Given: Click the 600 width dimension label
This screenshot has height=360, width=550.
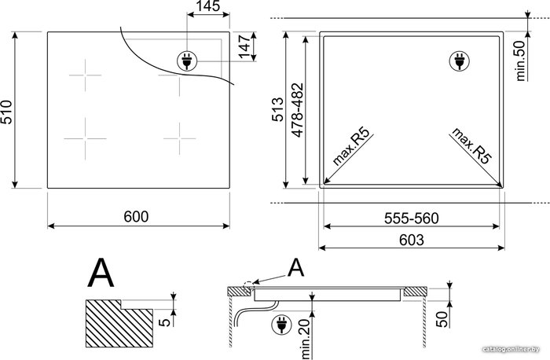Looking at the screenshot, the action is [x=136, y=216].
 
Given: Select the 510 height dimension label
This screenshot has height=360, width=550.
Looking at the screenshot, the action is [x=6, y=112].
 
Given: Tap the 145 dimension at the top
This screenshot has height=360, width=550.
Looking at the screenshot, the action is [x=208, y=6].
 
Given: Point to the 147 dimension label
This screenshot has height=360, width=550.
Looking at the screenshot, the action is [x=244, y=46].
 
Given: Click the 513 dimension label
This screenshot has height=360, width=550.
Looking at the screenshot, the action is [x=278, y=109].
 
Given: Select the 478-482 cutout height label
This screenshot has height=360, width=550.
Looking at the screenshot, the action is [x=298, y=110].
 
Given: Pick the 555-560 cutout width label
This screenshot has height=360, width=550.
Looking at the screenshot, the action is [x=412, y=219].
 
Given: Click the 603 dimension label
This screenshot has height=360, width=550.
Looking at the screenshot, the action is [x=412, y=240].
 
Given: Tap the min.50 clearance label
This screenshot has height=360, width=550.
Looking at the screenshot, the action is [x=521, y=61].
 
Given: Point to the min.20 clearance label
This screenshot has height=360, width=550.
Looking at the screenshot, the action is [x=305, y=339].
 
